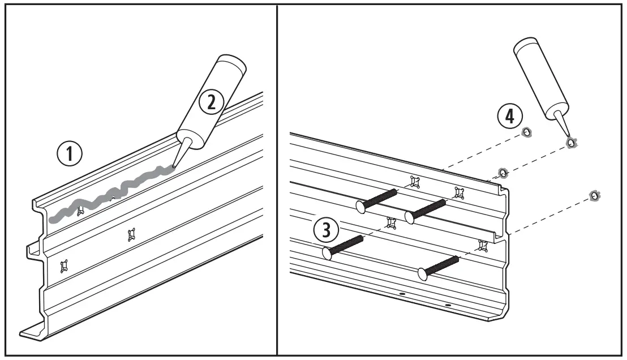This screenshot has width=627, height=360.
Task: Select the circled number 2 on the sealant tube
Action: point(212,102)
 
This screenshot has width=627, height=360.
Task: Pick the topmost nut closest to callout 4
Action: point(526,132)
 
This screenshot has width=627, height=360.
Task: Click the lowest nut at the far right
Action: point(594,196)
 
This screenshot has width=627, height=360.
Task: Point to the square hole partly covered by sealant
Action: point(80,211)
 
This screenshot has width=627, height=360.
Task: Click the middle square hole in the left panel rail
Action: point(132,233)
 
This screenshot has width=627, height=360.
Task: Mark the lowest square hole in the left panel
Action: point(63,265)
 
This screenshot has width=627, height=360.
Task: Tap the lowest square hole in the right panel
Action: point(483,245)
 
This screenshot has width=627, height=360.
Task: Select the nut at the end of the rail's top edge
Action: point(501,172)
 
